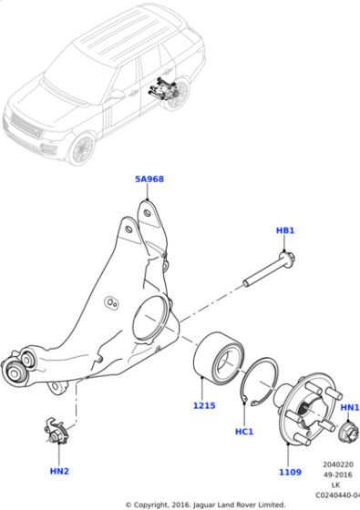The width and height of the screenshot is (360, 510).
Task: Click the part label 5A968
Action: [149, 179]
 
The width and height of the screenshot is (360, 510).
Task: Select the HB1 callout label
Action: [284, 231]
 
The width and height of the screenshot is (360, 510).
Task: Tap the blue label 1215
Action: [205, 405]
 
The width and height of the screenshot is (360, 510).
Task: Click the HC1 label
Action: [243, 431]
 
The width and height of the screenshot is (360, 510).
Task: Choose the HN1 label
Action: [349, 407]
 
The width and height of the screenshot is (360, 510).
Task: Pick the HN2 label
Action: [58, 472]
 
